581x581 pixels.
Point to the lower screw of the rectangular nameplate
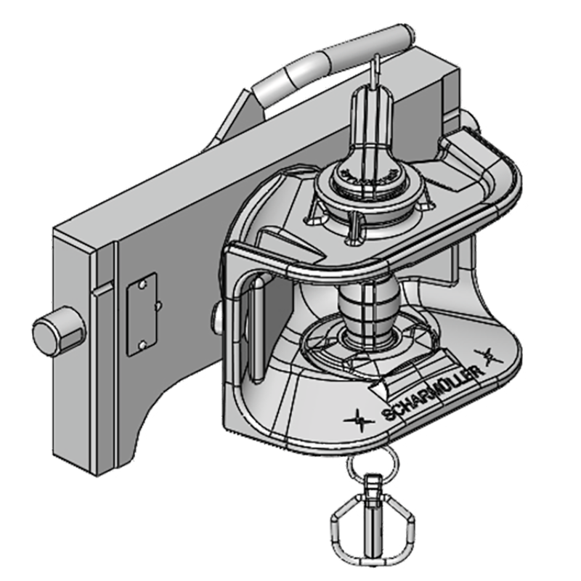143,344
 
